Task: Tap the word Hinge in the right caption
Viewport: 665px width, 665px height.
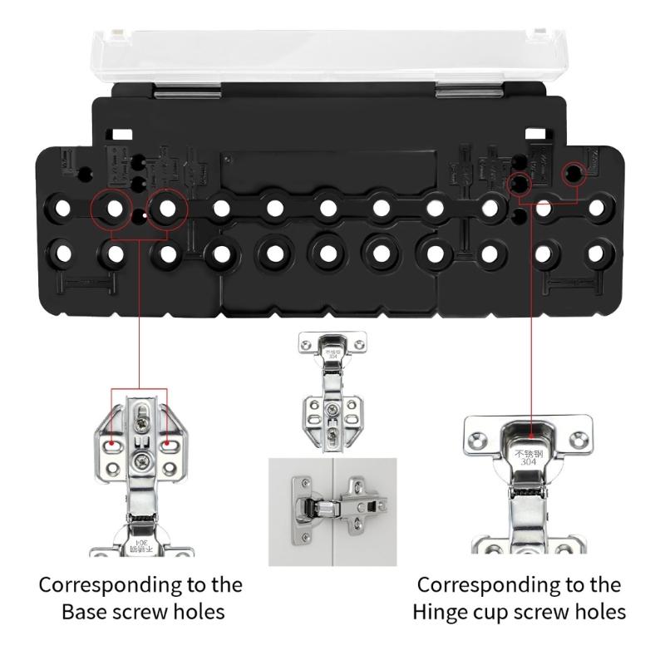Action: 441,612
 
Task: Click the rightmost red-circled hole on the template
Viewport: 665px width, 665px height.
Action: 573,174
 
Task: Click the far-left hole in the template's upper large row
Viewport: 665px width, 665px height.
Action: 61,208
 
